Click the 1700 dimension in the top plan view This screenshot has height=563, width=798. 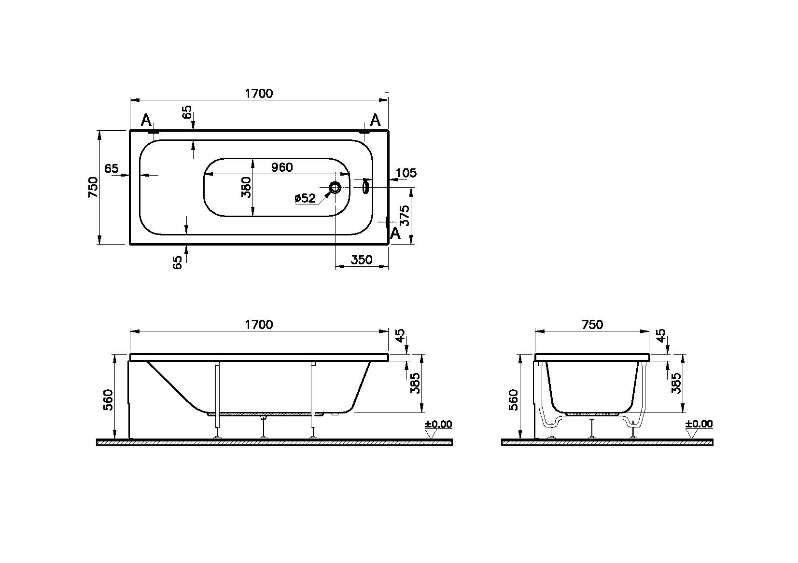tap(259, 93)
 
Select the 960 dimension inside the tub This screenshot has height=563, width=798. tap(282, 167)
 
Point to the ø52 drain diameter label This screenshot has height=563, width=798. tap(305, 198)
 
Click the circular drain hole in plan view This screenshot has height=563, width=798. tap(335, 187)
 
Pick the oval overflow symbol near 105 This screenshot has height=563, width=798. tap(365, 186)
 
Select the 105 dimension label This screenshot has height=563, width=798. tap(406, 173)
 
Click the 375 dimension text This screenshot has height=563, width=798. tap(406, 216)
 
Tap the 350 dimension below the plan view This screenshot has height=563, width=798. tap(361, 260)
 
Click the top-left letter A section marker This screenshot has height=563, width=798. tap(146, 120)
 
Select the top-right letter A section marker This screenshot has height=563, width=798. tap(375, 120)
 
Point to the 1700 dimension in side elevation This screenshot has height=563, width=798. tap(259, 324)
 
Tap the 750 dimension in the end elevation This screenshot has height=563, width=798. tap(592, 324)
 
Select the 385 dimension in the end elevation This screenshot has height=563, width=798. tap(677, 383)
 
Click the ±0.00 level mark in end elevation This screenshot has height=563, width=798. tap(699, 425)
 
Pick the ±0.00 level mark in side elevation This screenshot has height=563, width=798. tap(438, 425)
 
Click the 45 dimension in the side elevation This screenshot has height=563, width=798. tap(400, 335)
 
